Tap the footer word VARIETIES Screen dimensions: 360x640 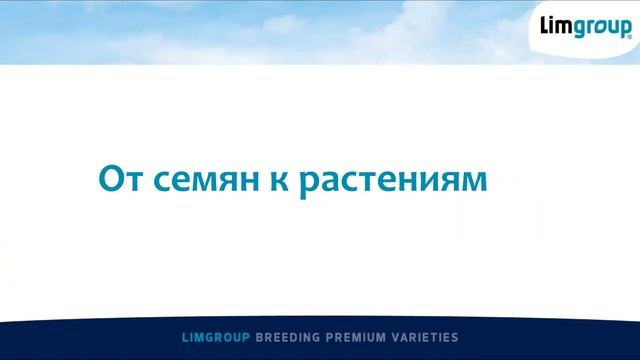click(x=427, y=339)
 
